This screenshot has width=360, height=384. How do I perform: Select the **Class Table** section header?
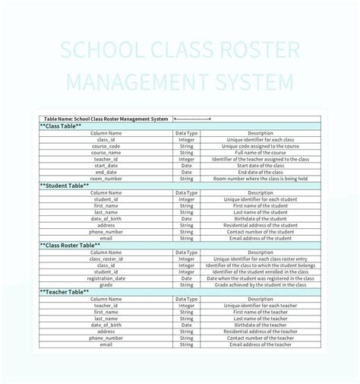coord(62,126)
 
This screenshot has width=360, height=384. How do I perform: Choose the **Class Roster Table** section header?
coord(70,246)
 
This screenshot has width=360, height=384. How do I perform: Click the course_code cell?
coord(106,146)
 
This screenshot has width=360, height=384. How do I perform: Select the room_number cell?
coord(106,179)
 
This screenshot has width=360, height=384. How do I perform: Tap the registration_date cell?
coord(106,278)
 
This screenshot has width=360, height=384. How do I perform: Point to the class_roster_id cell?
coord(106,259)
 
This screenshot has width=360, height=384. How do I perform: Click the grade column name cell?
coord(106,285)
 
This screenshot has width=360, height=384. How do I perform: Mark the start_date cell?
coord(106,166)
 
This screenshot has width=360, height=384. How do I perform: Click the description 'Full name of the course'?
coord(260,153)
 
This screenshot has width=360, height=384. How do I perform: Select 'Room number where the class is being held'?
coord(260,179)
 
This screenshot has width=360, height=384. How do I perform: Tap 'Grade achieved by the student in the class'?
coord(260,285)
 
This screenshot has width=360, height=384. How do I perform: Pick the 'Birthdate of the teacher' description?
coord(260,325)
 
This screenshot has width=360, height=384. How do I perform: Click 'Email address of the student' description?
coord(260,239)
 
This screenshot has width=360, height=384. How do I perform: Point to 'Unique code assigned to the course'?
coord(260,146)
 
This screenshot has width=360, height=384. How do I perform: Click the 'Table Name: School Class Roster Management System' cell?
coord(106,119)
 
